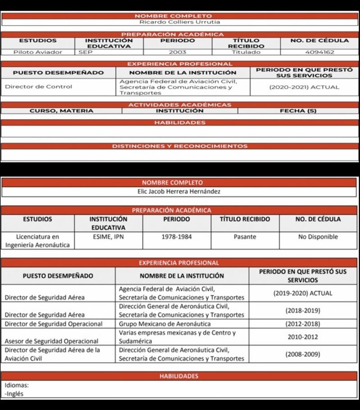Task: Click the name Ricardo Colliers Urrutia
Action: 180,22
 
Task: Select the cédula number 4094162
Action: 319,52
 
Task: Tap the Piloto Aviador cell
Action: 38,52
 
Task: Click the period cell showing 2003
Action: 177,52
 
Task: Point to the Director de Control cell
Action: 38,87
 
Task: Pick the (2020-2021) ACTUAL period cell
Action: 304,87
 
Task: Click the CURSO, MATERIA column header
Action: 61,111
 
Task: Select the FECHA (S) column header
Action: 298,111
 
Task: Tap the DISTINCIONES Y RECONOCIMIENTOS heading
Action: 180,146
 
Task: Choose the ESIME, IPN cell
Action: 108,236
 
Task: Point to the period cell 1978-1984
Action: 176,236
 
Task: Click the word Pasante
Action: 245,236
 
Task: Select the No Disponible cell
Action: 318,236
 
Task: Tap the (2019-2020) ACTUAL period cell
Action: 303,293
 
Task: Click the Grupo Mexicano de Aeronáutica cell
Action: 165,324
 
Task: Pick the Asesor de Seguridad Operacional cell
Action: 51,341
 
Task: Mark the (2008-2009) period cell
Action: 303,354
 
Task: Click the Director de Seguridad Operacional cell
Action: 54,324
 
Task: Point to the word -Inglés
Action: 14,394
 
